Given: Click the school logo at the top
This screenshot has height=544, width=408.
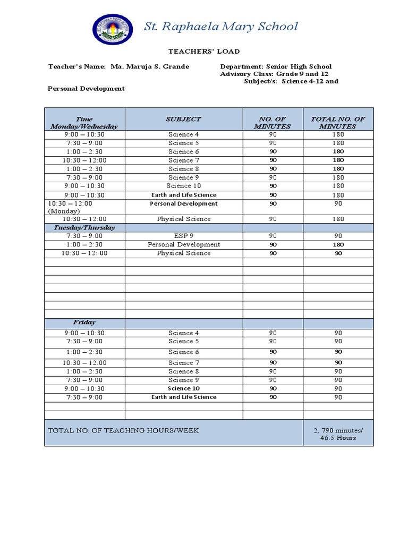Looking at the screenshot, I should click(114, 29).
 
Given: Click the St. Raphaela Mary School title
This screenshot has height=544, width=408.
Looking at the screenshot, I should click(221, 27).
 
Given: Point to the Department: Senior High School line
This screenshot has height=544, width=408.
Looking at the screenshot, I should click(276, 67).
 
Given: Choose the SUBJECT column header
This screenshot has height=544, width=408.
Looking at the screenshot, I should click(184, 120).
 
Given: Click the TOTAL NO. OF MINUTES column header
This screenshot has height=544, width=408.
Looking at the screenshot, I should click(338, 123).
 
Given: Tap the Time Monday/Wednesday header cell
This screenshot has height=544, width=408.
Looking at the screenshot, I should click(84, 123).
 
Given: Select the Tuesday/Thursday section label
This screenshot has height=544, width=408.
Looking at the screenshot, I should click(84, 227).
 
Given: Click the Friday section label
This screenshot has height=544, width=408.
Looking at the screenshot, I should click(84, 322).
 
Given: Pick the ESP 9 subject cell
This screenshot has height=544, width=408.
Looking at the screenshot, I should click(184, 236).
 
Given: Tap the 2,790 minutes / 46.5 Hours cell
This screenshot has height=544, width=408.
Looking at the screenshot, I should click(338, 433).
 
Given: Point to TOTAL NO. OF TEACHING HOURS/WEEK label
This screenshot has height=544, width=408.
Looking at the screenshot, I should click(123, 430).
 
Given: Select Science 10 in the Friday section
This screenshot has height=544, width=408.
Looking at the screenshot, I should click(184, 388).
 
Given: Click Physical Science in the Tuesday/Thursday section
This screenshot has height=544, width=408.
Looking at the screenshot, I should click(184, 253).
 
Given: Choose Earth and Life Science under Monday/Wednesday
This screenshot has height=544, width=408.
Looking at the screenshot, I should click(184, 195).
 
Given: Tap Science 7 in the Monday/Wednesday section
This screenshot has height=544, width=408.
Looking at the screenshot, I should click(184, 160).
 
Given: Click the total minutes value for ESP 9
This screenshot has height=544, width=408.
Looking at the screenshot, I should click(338, 236).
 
